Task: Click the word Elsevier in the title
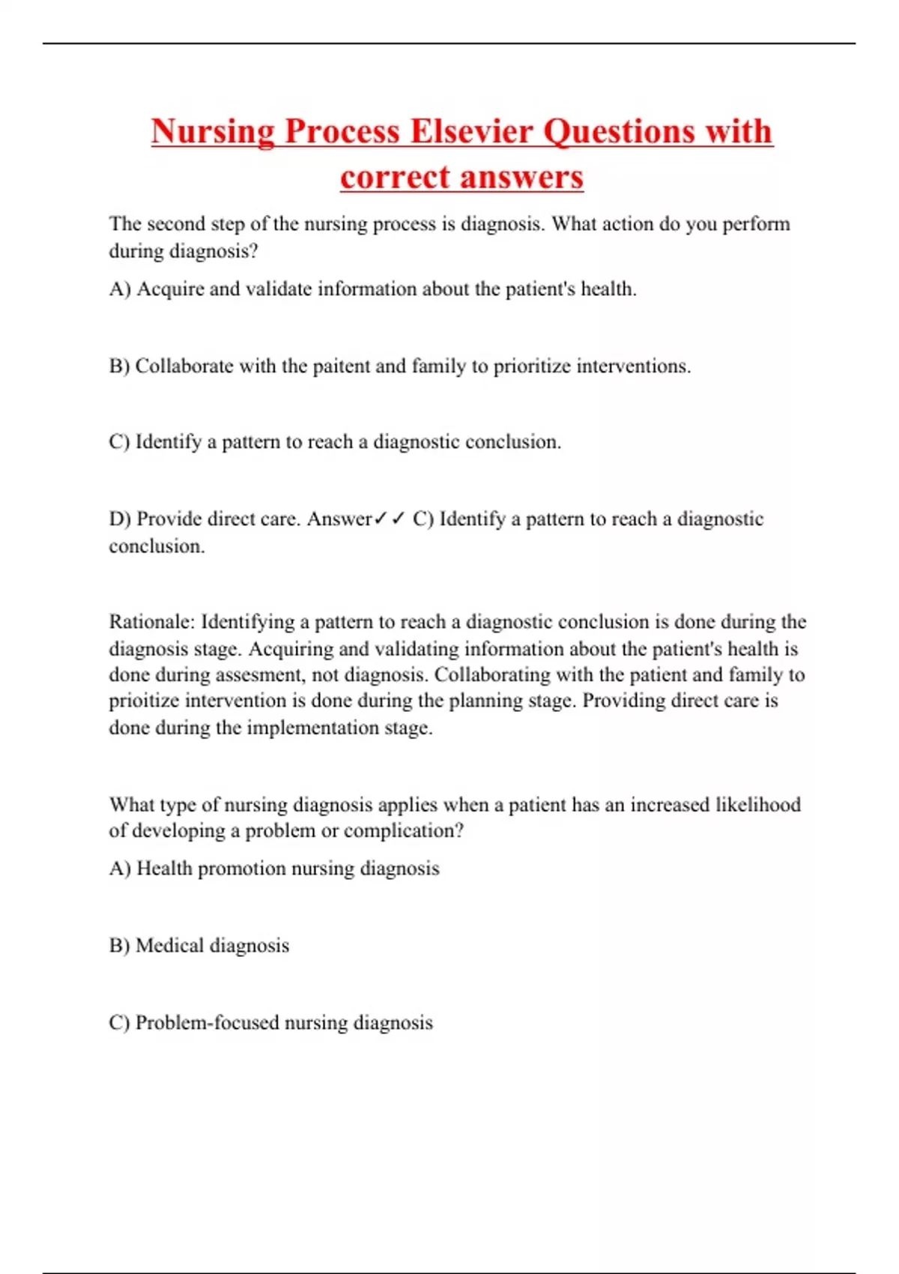point(472,132)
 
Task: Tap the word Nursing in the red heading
point(213,132)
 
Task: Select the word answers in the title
point(521,178)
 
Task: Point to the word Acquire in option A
point(170,289)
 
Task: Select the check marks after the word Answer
point(390,519)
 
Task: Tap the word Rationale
point(152,622)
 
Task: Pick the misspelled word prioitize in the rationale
point(144,701)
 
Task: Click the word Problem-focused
point(207,1023)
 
